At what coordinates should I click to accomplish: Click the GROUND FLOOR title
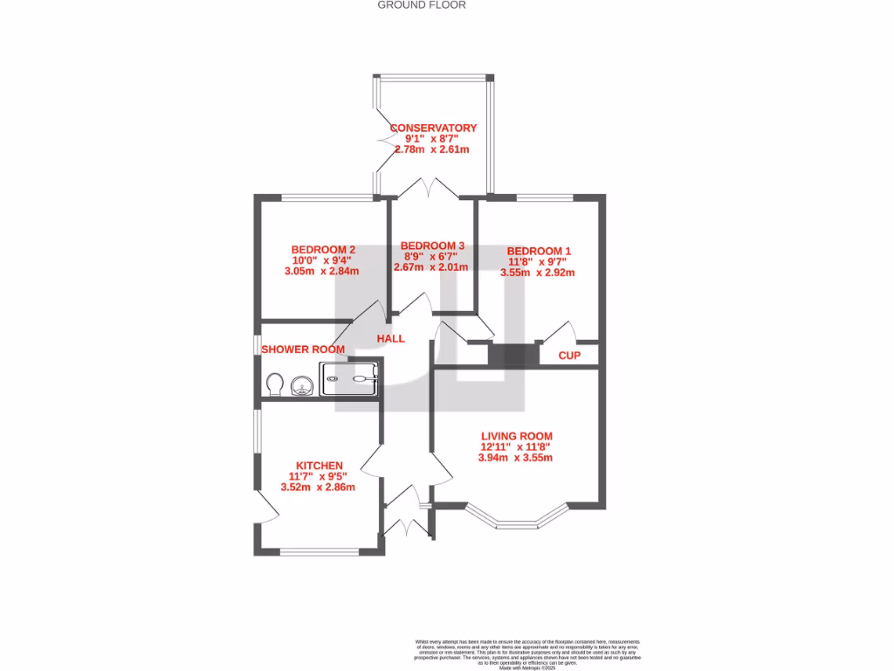point(422,5)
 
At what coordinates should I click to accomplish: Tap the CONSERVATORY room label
point(433,128)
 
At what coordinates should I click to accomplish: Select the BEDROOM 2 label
point(322,249)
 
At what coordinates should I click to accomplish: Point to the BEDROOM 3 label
point(432,246)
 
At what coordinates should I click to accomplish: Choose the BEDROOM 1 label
point(539,250)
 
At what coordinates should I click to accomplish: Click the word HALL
point(390,338)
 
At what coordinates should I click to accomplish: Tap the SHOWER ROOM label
point(303,349)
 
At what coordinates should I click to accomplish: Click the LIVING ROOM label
point(517,436)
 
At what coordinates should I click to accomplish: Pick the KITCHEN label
point(319,466)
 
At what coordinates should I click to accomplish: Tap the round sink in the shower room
point(301,384)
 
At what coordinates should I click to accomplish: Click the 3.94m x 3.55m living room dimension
point(516,458)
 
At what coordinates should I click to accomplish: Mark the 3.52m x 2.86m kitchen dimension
point(318,488)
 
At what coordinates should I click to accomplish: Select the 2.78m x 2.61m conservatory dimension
point(432,149)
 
